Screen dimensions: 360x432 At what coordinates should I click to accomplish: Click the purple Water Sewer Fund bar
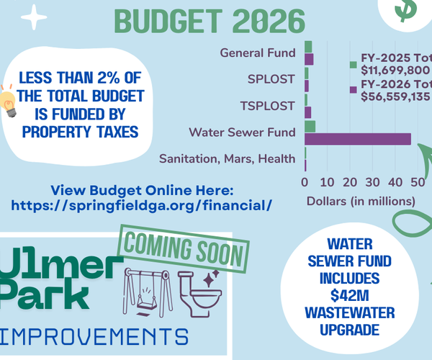[x=359, y=139]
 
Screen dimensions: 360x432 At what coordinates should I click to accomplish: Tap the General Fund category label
[x=258, y=53]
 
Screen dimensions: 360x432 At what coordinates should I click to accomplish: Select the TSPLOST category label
[x=267, y=106]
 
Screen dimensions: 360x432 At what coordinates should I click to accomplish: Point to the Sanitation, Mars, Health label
[x=227, y=158]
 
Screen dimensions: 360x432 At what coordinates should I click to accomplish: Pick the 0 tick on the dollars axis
[x=305, y=181]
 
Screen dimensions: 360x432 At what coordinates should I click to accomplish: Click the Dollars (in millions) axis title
[x=356, y=201]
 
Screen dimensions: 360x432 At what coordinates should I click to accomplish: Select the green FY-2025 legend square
[x=353, y=65]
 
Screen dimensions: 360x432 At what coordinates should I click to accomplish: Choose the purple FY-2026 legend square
[x=353, y=89]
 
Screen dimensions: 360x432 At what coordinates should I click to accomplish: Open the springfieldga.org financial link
[x=142, y=205]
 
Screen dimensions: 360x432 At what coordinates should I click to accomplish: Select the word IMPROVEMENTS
[x=94, y=337]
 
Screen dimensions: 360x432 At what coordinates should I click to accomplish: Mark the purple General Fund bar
[x=309, y=59]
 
